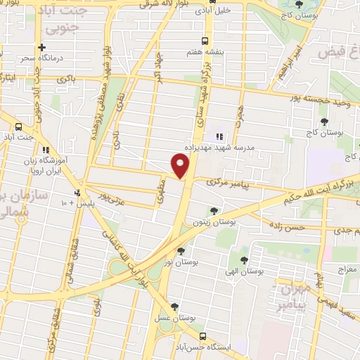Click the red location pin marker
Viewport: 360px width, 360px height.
(181, 166)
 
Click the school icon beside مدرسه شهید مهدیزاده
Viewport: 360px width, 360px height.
(218, 136)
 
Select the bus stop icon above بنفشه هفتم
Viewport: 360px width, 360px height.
(205, 40)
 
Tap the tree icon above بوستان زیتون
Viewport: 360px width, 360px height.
(213, 210)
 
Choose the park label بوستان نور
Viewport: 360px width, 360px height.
(177, 262)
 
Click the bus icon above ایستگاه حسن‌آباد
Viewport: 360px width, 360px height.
(203, 336)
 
